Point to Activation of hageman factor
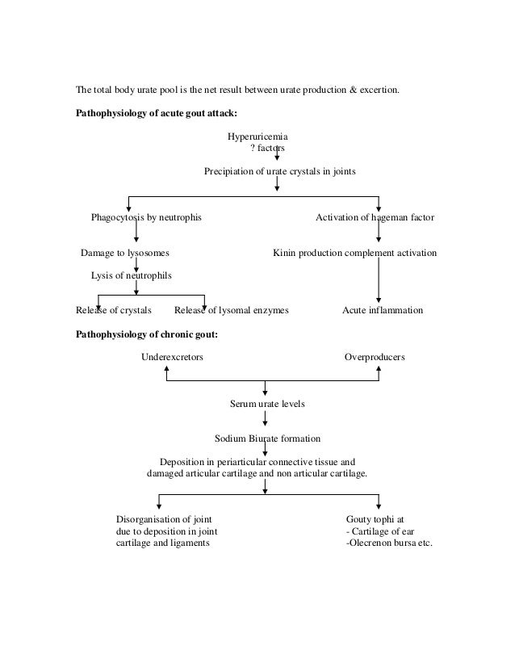[374, 218]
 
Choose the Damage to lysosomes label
[125, 253]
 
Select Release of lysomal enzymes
[232, 310]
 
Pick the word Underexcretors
[173, 356]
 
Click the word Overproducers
[375, 356]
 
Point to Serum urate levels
[268, 403]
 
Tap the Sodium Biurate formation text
[267, 438]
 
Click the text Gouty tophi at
[375, 519]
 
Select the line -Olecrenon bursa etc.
[389, 543]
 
